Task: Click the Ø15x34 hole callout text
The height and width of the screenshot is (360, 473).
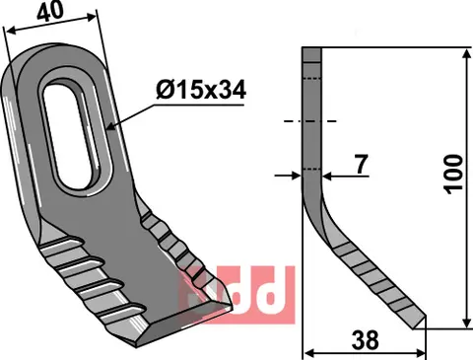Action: [200, 91]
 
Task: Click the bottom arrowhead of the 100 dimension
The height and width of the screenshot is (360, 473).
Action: [464, 324]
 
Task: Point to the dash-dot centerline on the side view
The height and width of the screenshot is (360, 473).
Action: [310, 121]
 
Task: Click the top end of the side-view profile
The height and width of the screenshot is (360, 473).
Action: [310, 51]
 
